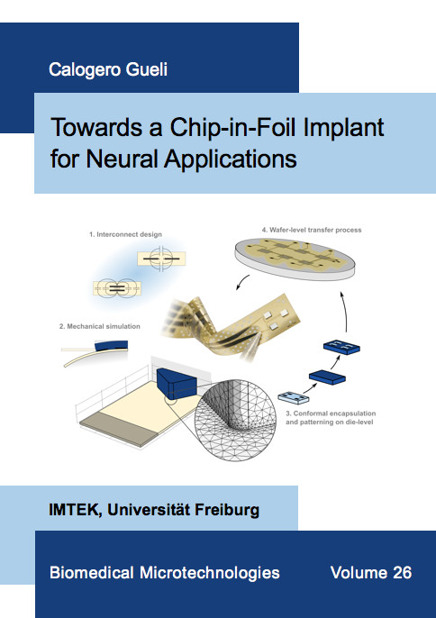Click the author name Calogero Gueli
coord(108,69)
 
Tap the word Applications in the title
coord(231,160)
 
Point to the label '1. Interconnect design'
coord(125,234)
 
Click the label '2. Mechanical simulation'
coord(100,326)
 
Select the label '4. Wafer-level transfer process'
coord(312,230)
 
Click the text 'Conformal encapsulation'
coord(335,414)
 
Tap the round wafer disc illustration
coord(295,259)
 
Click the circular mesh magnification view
coord(235,420)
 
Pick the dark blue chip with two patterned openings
coord(341,347)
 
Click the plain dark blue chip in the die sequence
coord(327,377)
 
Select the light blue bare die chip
coord(294,397)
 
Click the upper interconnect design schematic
coord(161,259)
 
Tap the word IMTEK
coord(73,510)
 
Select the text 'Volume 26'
coord(371,573)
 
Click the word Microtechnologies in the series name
coord(210,573)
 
